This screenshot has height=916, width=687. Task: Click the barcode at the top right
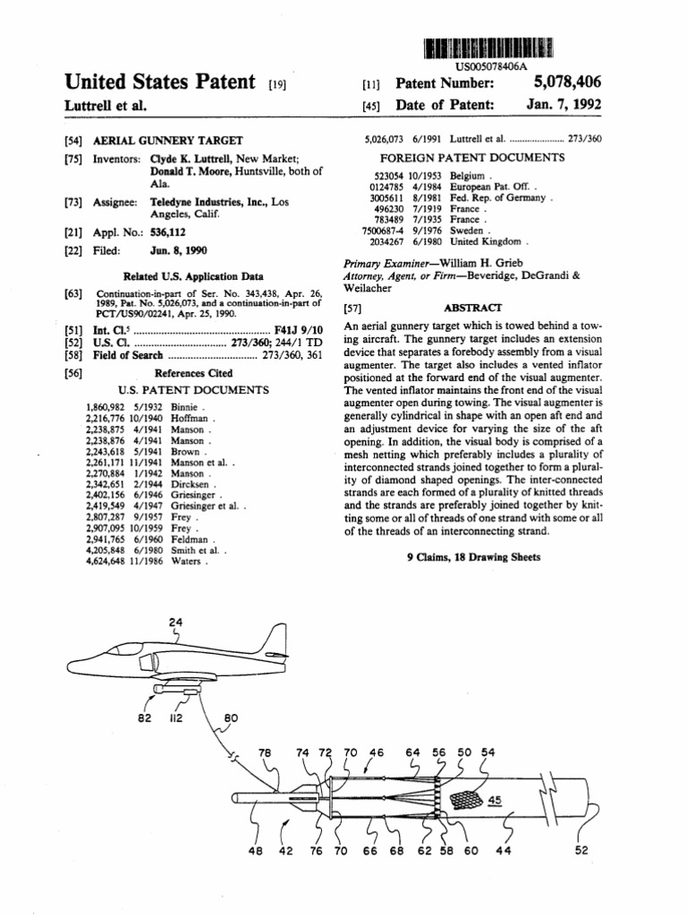[488, 48]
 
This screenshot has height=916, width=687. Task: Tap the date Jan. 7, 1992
[564, 105]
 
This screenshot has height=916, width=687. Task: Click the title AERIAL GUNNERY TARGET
[167, 141]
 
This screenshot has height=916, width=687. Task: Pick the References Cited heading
[194, 373]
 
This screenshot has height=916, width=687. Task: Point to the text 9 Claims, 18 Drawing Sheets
[473, 556]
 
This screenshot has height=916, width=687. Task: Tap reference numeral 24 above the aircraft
[174, 623]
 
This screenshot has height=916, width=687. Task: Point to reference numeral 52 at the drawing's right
[581, 851]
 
